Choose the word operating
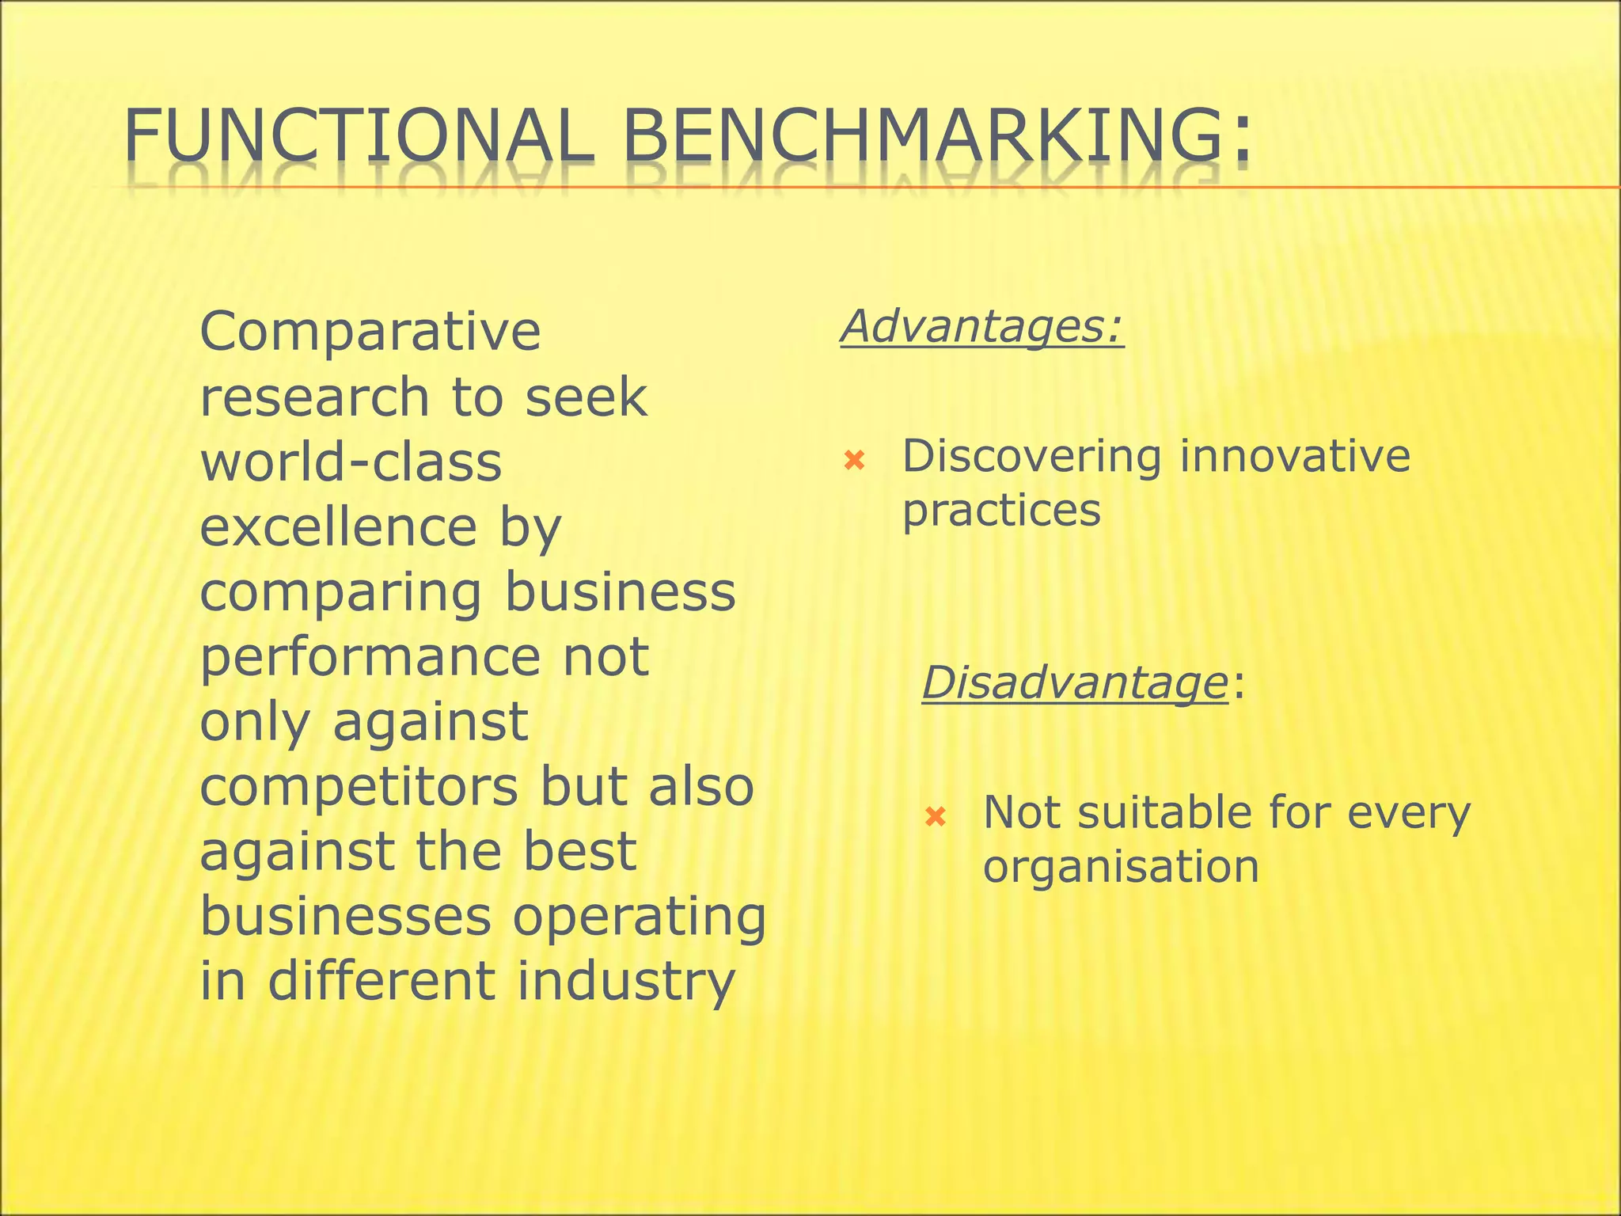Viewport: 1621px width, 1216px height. (x=640, y=917)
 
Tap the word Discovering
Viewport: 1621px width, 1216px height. (x=1031, y=458)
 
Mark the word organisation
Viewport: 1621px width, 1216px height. (x=1120, y=866)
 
